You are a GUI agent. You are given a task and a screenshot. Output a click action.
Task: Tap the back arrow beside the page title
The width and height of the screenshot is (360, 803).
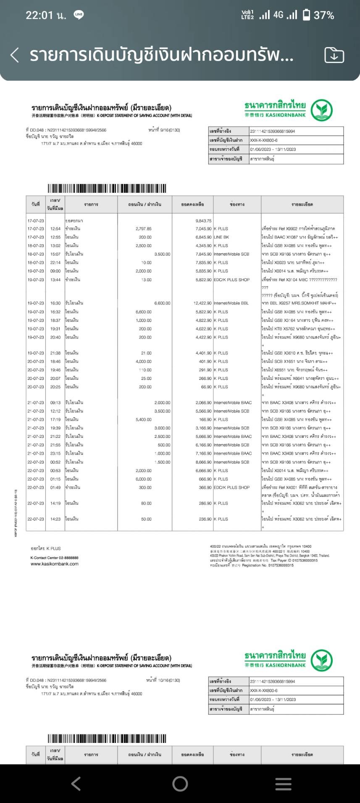point(15,55)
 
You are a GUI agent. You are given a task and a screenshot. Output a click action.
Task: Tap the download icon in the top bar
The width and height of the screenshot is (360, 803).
point(334,55)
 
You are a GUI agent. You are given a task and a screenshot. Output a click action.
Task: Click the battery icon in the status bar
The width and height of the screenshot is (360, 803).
point(307,15)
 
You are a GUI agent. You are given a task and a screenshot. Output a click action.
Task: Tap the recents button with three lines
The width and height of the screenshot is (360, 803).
point(283,784)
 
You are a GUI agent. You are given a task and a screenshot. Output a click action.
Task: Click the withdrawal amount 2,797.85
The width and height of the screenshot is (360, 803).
point(144,229)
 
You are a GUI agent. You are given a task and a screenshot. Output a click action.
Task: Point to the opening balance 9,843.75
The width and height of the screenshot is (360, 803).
point(203,221)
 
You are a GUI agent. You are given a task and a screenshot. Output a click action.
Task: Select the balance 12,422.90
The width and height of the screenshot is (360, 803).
point(202,303)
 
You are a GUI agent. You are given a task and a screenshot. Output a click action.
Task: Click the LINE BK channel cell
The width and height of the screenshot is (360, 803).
point(221,237)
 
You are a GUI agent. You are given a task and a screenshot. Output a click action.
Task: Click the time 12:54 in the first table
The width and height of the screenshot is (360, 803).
point(55,229)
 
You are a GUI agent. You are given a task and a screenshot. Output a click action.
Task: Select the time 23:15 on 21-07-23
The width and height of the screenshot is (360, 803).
point(55,453)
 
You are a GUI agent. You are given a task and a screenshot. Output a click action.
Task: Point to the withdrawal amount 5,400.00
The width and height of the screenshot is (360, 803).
point(144,419)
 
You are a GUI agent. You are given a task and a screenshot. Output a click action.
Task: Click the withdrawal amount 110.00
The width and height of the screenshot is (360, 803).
point(145,370)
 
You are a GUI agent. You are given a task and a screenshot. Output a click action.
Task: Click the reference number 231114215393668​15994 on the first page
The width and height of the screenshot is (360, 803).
point(273,131)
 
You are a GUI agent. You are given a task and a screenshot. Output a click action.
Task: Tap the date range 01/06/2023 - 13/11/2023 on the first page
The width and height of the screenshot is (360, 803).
point(273,149)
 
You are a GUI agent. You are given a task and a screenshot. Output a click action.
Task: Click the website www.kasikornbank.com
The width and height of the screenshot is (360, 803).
point(55,564)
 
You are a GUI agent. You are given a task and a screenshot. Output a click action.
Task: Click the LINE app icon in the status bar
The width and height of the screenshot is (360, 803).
point(79,15)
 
